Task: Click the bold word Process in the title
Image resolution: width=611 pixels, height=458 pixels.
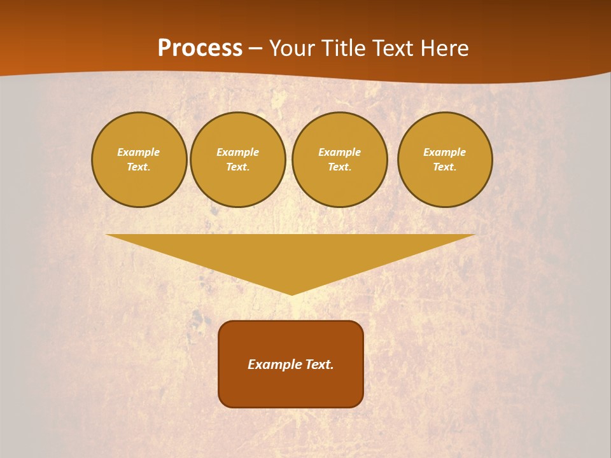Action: click(200, 48)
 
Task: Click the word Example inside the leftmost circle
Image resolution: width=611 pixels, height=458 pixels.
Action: click(139, 152)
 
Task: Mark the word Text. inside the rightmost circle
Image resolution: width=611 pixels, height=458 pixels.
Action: click(445, 167)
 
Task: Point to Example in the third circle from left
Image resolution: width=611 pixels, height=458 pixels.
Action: click(339, 152)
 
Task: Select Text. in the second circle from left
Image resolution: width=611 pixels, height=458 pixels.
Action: click(237, 167)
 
